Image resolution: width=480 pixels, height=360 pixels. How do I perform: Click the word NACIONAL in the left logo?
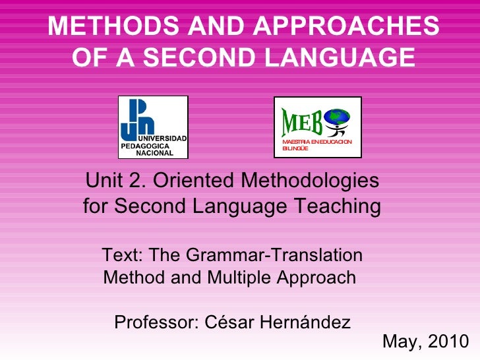(x=154, y=153)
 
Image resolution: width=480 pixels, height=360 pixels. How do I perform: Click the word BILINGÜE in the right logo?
(x=295, y=149)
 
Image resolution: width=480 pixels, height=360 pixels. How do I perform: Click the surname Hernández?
(x=307, y=322)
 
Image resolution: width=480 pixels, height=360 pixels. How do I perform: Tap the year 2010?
(x=448, y=342)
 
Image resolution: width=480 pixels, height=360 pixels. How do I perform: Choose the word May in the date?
(x=399, y=342)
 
